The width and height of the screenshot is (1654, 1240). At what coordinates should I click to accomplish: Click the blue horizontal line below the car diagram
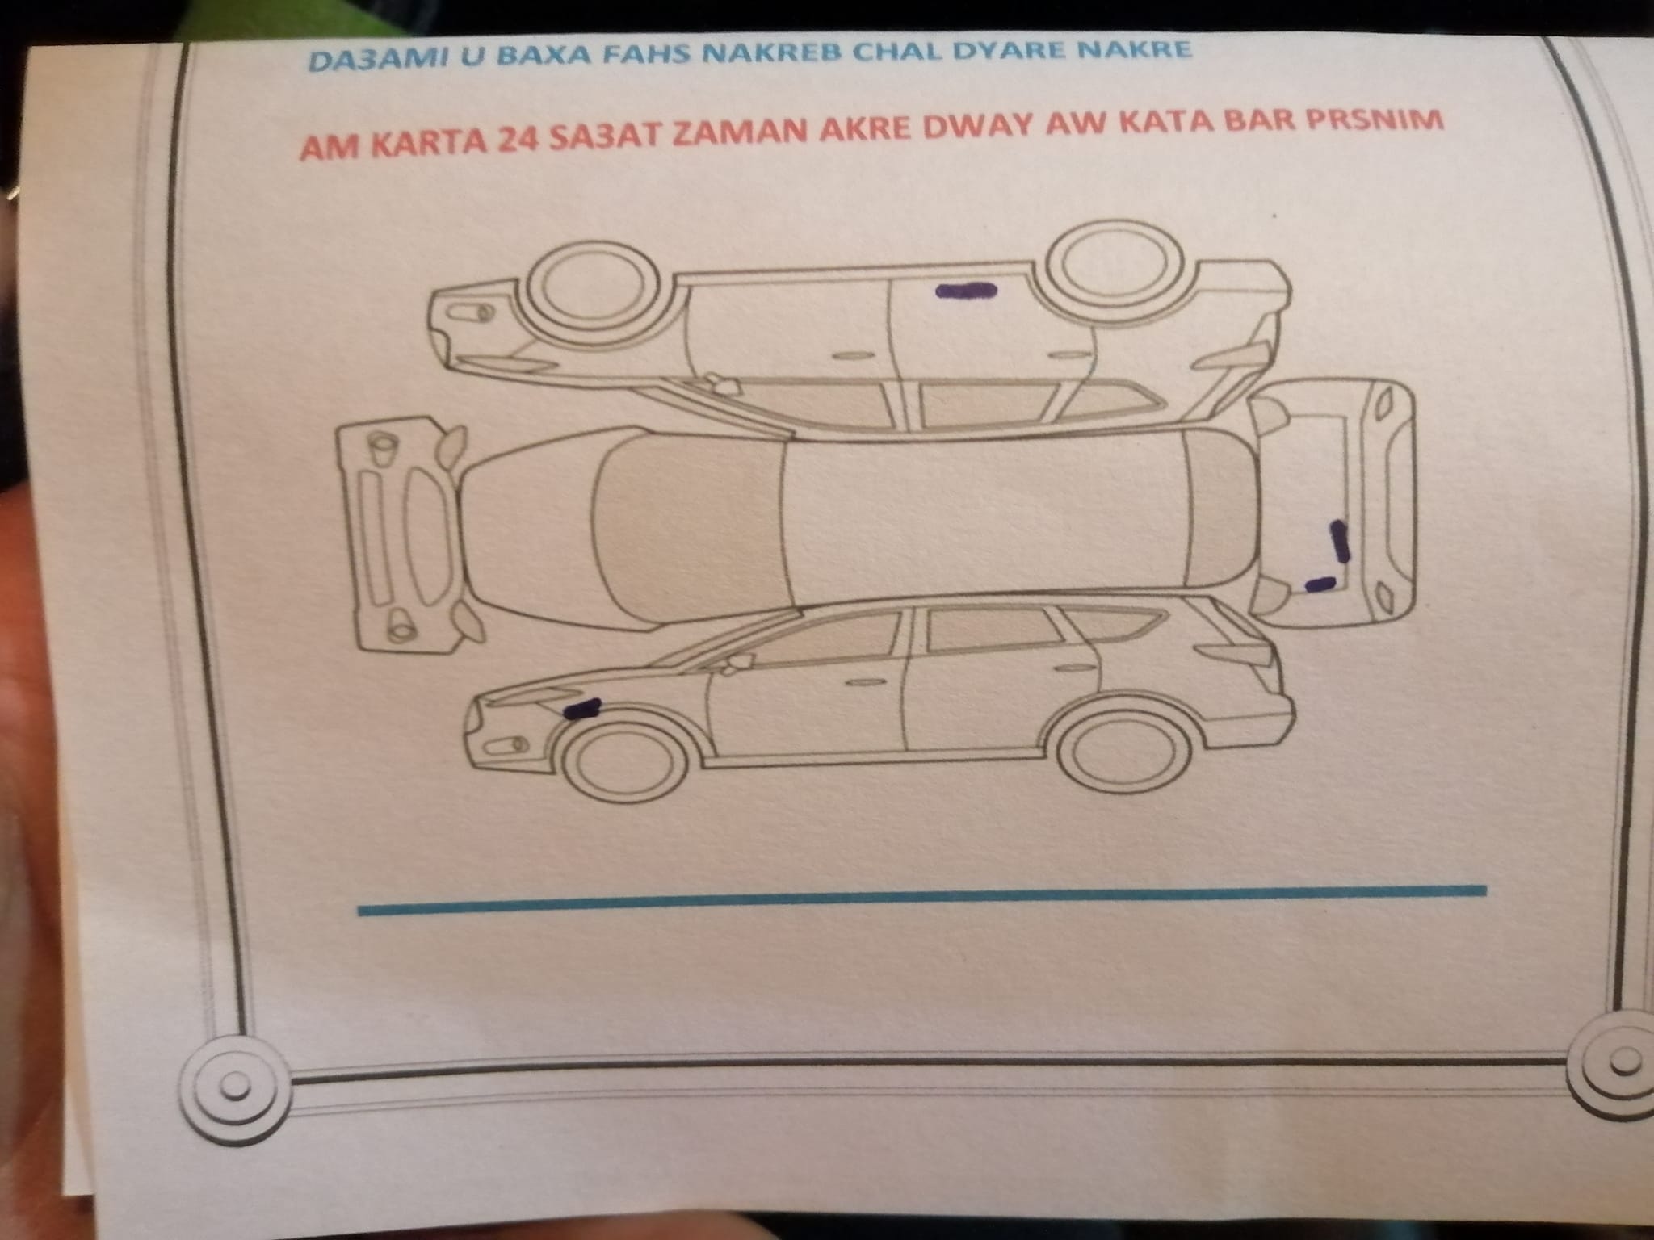tap(921, 899)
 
